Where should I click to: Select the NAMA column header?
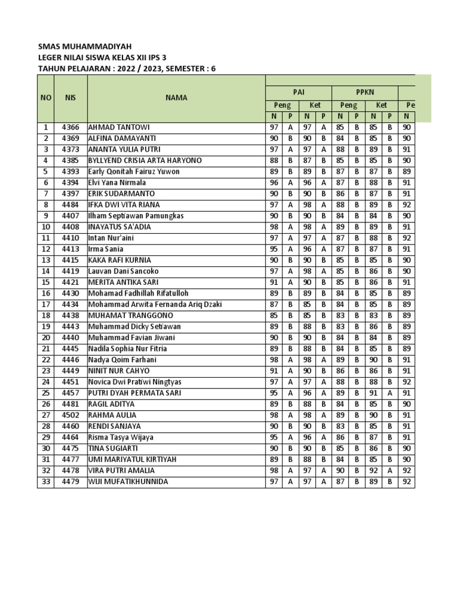[x=176, y=98]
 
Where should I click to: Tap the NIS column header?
[x=70, y=98]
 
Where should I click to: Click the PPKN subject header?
[x=364, y=92]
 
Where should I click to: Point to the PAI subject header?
[x=298, y=92]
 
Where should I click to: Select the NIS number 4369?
[x=70, y=139]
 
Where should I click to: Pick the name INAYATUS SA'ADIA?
[x=119, y=227]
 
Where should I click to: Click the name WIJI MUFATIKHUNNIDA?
[x=128, y=482]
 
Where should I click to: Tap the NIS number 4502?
[x=70, y=415]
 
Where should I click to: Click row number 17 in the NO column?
[x=46, y=304]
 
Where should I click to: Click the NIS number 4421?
[x=70, y=282]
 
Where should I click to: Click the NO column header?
[x=46, y=98]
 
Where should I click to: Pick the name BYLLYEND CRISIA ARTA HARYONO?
[x=145, y=161]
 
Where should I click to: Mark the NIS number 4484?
[x=70, y=205]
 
